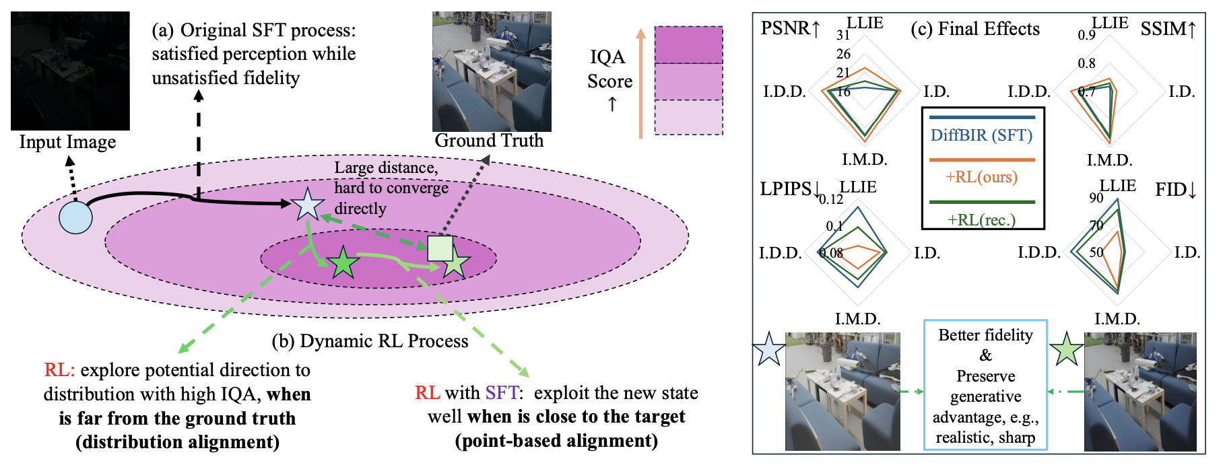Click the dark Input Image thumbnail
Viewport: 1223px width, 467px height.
(70, 71)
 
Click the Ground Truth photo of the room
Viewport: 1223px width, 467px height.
(492, 71)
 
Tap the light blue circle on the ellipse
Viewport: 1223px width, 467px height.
(75, 217)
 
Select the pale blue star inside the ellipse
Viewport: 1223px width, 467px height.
(307, 205)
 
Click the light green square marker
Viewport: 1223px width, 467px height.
(440, 248)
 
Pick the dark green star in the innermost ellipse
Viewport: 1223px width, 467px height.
(343, 262)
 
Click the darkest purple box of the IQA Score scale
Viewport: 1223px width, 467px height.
(688, 45)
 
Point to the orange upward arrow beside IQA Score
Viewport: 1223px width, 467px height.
(640, 83)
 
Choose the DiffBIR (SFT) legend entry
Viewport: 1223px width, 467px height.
(981, 135)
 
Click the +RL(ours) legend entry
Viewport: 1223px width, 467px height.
(981, 177)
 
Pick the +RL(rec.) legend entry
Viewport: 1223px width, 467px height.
(981, 219)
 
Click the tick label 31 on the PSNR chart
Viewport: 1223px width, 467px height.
(842, 35)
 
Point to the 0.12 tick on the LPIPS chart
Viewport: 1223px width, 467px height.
(830, 199)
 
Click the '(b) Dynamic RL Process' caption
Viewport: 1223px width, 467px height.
(370, 341)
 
